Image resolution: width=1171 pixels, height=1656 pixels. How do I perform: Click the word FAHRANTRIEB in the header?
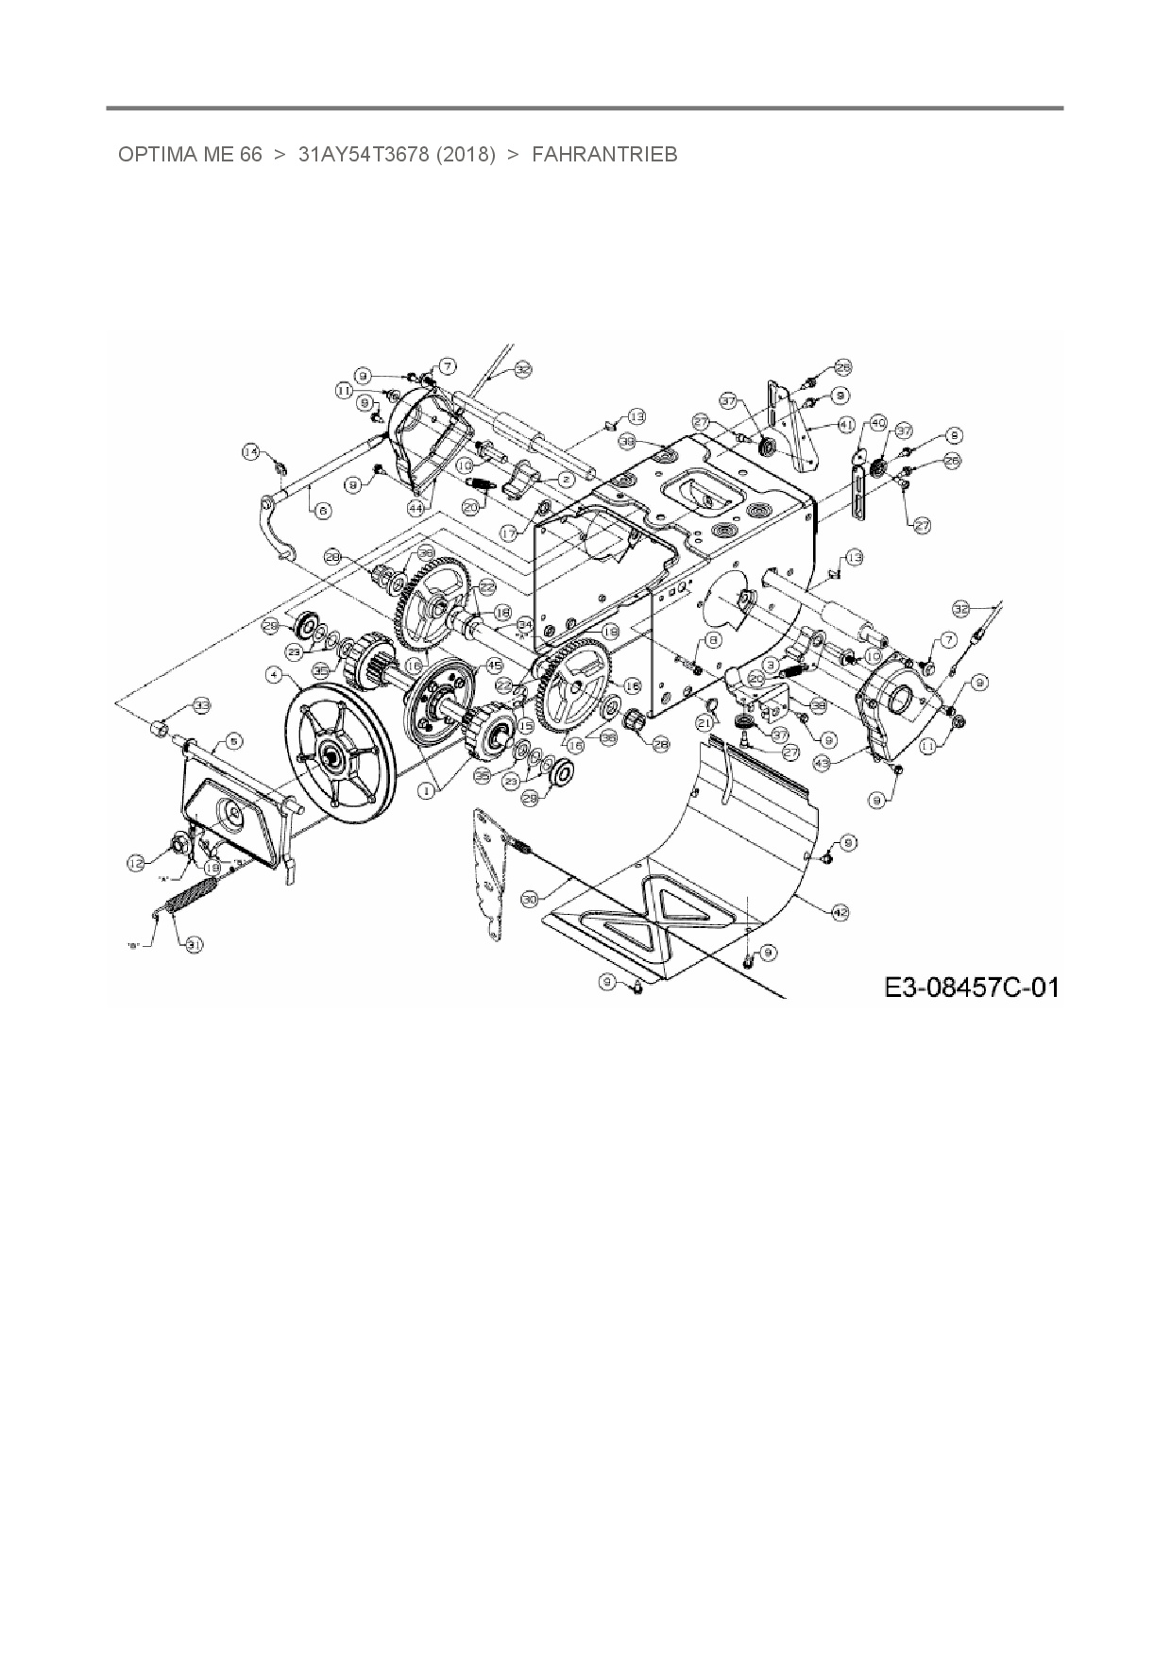pos(604,155)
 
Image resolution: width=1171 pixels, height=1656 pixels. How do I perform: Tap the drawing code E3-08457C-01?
pos(971,988)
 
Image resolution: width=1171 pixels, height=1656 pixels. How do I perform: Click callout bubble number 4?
pos(274,674)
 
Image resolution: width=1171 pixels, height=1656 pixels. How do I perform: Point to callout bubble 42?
pos(840,911)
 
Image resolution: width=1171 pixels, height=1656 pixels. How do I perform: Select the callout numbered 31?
pos(194,943)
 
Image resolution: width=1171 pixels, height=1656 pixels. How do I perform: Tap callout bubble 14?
pos(250,452)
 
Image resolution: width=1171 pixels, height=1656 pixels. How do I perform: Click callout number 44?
pos(416,507)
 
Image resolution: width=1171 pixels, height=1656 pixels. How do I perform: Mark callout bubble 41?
pos(846,425)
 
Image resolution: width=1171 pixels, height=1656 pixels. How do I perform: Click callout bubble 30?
pos(529,901)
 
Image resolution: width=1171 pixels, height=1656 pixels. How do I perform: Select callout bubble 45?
pos(493,665)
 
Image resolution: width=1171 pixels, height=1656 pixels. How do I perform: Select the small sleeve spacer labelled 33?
pos(162,729)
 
